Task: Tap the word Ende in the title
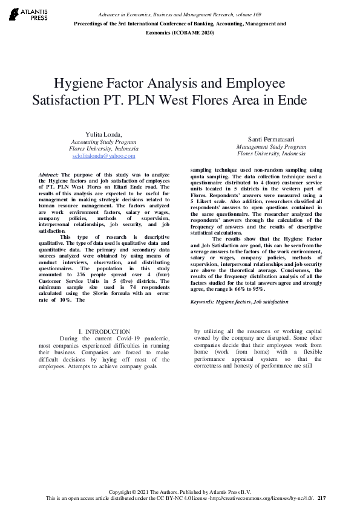coord(292,99)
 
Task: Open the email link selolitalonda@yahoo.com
coord(103,156)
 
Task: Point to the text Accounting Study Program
coord(103,141)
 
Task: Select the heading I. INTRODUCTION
coord(104,332)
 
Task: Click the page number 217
coord(321,498)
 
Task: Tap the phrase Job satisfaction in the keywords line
coord(271,301)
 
